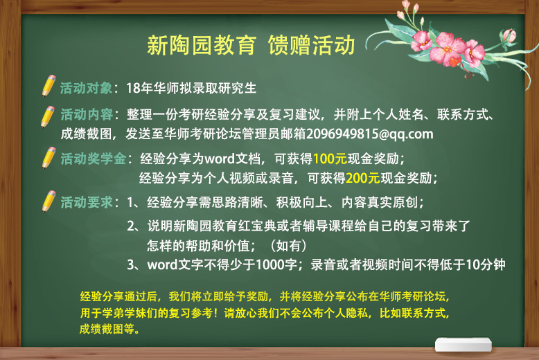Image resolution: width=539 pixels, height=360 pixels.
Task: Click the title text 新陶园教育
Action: pos(202,45)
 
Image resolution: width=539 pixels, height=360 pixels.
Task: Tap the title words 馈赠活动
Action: pos(312,45)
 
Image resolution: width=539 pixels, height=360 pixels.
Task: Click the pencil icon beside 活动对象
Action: pos(48,86)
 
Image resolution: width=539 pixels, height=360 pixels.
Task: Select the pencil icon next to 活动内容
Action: pos(47,117)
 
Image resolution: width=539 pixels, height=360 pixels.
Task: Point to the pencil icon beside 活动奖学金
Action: pos(48,158)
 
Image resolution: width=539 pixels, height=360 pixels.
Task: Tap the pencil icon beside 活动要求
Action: pos(48,201)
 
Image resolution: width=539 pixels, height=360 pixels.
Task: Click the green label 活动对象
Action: pos(87,89)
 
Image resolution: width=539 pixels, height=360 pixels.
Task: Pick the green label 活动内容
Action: pos(87,114)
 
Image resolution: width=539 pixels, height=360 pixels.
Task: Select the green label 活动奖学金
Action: pos(93,159)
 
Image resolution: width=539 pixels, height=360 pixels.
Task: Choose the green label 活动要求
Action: pos(87,202)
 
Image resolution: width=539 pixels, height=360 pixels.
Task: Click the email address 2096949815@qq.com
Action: pos(369,134)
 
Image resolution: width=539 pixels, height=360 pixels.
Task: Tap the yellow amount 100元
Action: pos(330,159)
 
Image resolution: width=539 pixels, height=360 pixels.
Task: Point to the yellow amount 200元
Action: pos(363,178)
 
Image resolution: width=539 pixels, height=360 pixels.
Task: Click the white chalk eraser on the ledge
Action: pos(463,345)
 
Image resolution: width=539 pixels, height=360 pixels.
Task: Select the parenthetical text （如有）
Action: pos(288,246)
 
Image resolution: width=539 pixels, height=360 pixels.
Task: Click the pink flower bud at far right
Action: pos(509,36)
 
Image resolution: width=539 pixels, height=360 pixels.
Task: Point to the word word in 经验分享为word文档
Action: pos(220,159)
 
